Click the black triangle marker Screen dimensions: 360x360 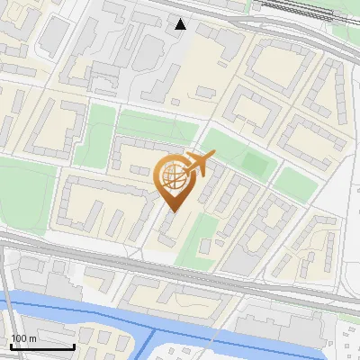coord(181,24)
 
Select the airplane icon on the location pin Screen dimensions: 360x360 coord(199,164)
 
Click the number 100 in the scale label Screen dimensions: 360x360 coord(18,338)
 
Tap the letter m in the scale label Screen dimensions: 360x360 coord(31,338)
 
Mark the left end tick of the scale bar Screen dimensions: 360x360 coord(10,346)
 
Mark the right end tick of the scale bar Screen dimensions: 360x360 coord(74,346)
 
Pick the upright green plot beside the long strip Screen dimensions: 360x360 coord(95,135)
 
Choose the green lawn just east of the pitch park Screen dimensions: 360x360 coord(292,184)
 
